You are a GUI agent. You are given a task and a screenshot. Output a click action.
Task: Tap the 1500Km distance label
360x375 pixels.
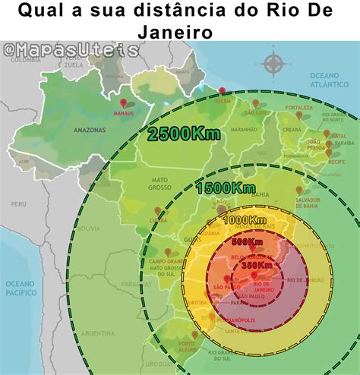tap(225, 187)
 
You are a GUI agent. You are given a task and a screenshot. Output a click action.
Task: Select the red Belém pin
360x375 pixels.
tap(222, 92)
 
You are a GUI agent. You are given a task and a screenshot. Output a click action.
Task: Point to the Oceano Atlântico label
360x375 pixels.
tap(332, 80)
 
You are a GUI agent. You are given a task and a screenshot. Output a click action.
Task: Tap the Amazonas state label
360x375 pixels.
tap(89, 131)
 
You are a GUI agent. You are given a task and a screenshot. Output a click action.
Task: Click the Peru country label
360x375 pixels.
tap(18, 203)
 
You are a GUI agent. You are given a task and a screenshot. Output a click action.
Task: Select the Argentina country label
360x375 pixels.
tap(96, 333)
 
